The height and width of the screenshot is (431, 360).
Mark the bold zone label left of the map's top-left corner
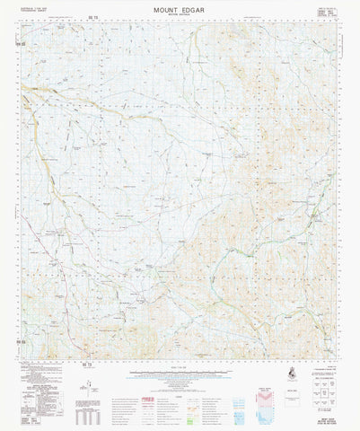pyautogui.click(x=18, y=43)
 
